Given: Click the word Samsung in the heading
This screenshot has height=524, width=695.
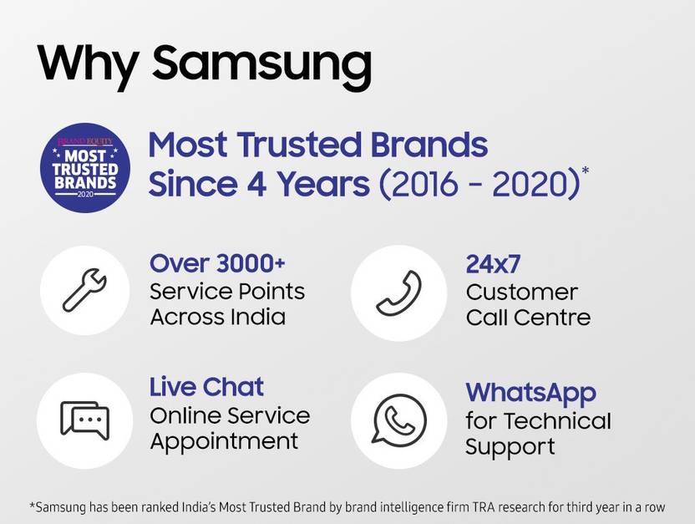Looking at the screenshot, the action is pos(262,67).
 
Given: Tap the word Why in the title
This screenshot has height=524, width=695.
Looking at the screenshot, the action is pos(88,67).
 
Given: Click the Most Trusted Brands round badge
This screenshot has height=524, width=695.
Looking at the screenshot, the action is pos(85,168).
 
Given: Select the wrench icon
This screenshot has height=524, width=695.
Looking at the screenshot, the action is pos(84,290).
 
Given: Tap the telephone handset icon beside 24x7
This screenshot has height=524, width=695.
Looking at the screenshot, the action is pos(399,293).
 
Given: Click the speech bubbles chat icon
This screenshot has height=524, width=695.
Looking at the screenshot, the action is pos(84,420).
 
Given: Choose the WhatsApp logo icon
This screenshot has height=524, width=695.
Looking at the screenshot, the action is pos(399,420).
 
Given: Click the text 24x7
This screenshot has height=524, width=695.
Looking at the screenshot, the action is pos(493,264).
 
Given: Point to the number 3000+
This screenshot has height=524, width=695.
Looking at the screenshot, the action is pos(251,263).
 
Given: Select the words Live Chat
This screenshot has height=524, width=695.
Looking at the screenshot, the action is pos(206,387).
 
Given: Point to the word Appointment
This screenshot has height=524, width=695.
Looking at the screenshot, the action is pos(224,442).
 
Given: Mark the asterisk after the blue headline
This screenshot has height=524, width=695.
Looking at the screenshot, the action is pos(585,170).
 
